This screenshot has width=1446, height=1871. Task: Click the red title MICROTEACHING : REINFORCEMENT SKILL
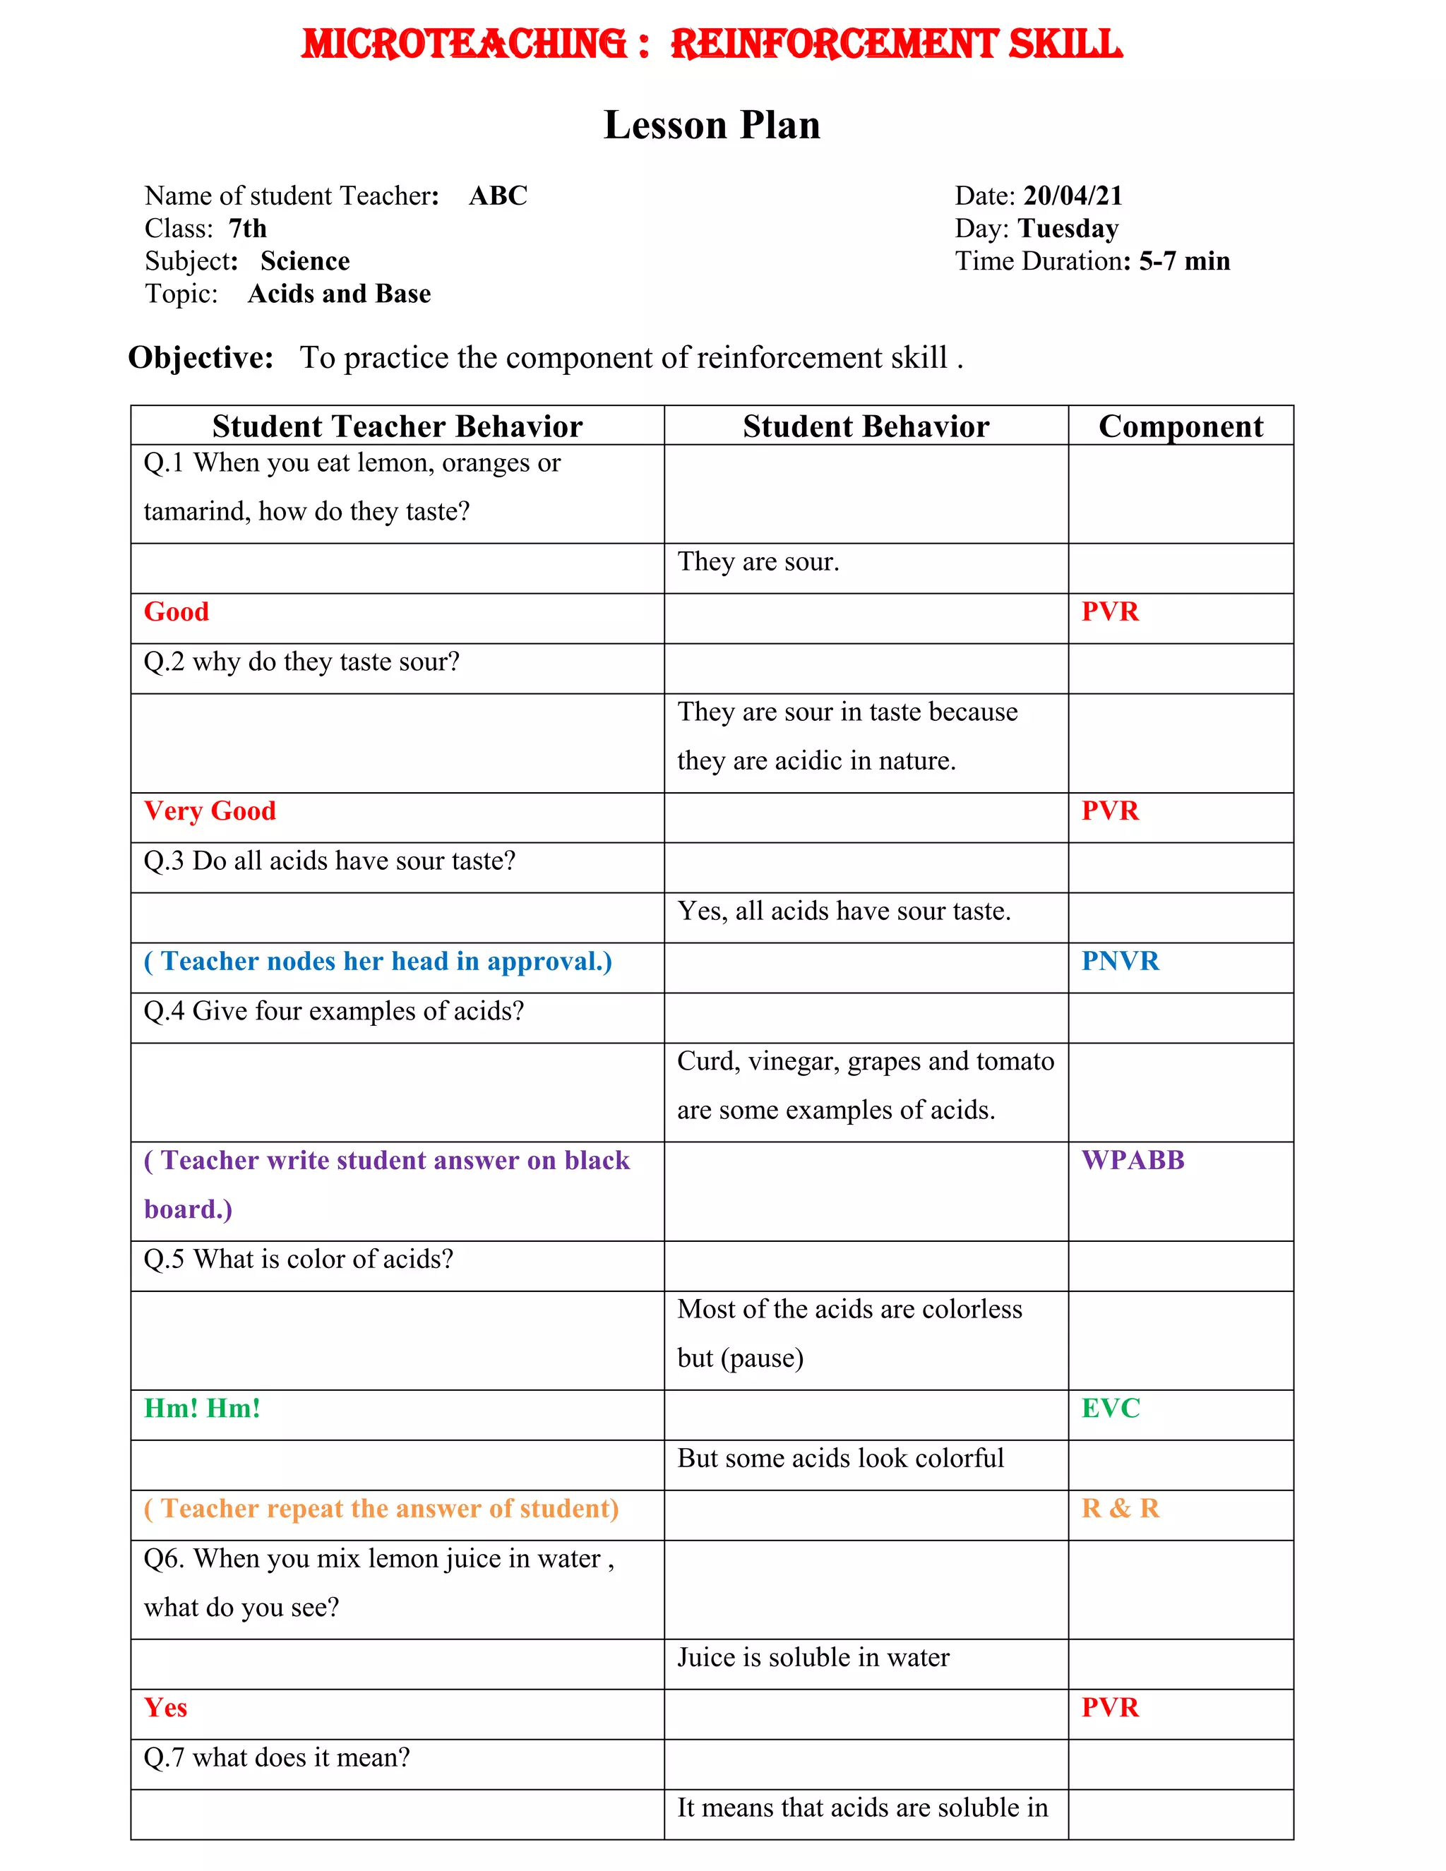pyautogui.click(x=711, y=44)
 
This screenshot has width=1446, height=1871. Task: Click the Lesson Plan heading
pyautogui.click(x=712, y=125)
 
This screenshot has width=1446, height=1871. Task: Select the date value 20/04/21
pyautogui.click(x=1072, y=196)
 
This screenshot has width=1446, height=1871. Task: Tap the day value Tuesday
pyautogui.click(x=1068, y=228)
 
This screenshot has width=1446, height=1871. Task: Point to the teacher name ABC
pyautogui.click(x=498, y=196)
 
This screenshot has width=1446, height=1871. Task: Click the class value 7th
pyautogui.click(x=248, y=228)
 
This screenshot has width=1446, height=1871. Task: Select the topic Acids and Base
pyautogui.click(x=339, y=293)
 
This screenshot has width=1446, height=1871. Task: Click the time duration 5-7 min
pyautogui.click(x=1184, y=261)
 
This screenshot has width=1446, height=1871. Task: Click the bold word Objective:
pyautogui.click(x=201, y=357)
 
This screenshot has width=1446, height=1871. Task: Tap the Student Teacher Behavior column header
pyautogui.click(x=398, y=426)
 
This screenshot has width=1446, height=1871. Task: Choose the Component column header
pyautogui.click(x=1181, y=426)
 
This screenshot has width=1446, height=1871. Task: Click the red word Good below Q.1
pyautogui.click(x=177, y=611)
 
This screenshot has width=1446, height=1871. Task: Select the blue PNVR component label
pyautogui.click(x=1120, y=960)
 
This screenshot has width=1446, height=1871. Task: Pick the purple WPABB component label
pyautogui.click(x=1133, y=1159)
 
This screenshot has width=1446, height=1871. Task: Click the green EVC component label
pyautogui.click(x=1110, y=1408)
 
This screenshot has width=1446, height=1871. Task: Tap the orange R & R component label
pyautogui.click(x=1121, y=1508)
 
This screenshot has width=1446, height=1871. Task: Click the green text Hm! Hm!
pyautogui.click(x=202, y=1408)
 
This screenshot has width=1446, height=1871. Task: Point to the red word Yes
pyautogui.click(x=165, y=1706)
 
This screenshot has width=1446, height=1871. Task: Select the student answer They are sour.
pyautogui.click(x=758, y=561)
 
